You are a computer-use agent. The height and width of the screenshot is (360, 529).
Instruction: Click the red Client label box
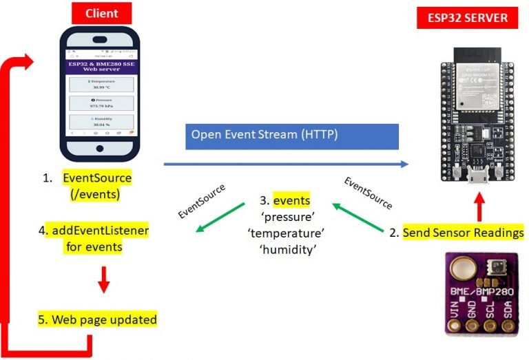pyautogui.click(x=101, y=13)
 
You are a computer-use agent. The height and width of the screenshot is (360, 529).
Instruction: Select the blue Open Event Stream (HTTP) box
pyautogui.click(x=292, y=136)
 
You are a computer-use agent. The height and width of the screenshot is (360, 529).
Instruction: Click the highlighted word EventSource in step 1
pyautogui.click(x=97, y=178)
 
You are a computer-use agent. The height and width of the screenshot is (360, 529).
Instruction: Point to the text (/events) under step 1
pyautogui.click(x=96, y=194)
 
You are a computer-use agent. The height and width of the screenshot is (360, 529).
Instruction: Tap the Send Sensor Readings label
pyautogui.click(x=463, y=233)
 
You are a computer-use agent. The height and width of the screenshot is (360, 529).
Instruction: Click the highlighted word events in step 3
pyautogui.click(x=291, y=201)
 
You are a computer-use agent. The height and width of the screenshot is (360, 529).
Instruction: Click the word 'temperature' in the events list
pyautogui.click(x=285, y=234)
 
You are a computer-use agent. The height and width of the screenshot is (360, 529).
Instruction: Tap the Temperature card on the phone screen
pyautogui.click(x=102, y=85)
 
